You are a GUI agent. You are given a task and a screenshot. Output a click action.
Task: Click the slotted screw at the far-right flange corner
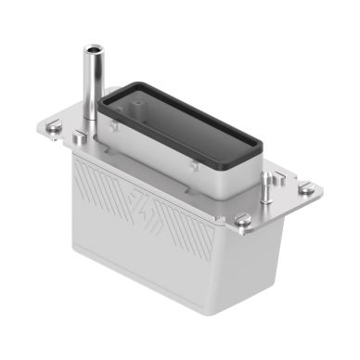point(305,189)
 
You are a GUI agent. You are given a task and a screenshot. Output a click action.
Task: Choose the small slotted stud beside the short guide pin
point(276,176)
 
